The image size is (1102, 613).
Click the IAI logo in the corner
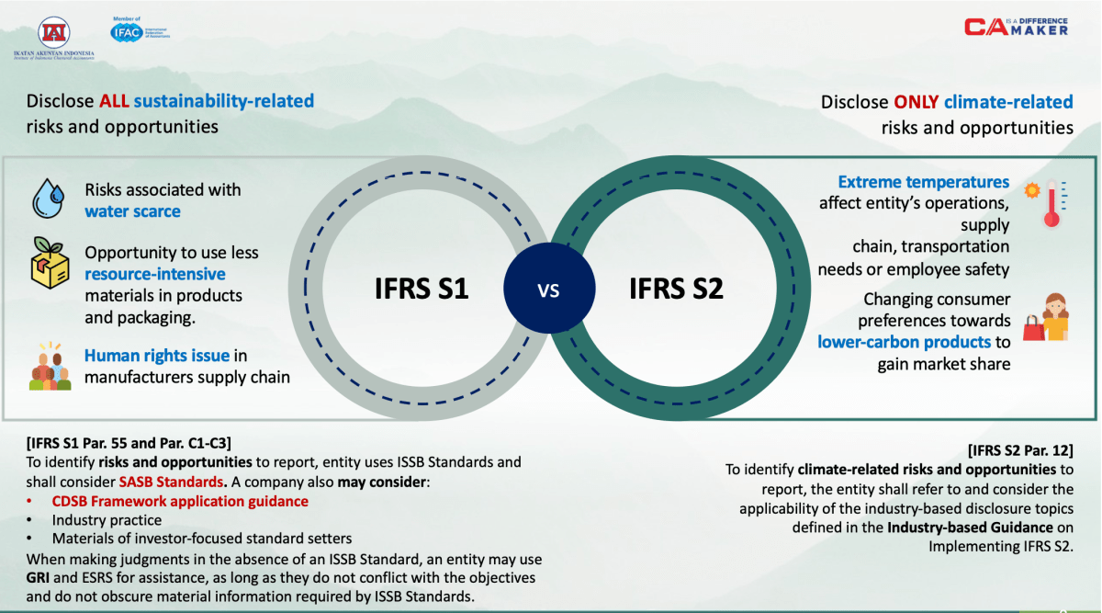point(53,33)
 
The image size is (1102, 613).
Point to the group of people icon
point(50,368)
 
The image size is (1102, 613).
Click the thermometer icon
point(1048,203)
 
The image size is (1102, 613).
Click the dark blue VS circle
point(547,291)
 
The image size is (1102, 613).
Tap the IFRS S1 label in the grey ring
point(423,289)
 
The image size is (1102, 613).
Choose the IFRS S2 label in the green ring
point(676,289)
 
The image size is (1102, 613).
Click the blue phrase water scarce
point(132,211)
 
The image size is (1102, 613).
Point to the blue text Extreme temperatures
point(923,182)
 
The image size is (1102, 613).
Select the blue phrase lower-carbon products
point(904,342)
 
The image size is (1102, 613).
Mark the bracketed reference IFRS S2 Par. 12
point(1020,450)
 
